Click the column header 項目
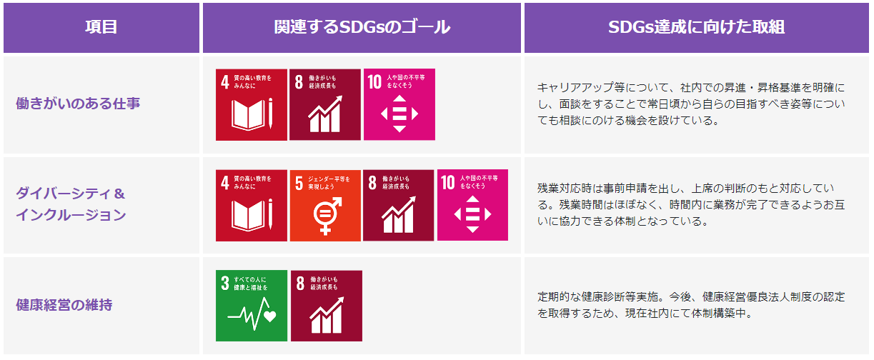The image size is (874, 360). [x=101, y=27]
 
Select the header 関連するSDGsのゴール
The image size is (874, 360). [x=362, y=27]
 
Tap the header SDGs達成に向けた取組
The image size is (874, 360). [x=696, y=27]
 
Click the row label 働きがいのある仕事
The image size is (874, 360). [x=78, y=104]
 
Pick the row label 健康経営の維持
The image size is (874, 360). [x=64, y=304]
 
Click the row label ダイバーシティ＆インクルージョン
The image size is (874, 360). [x=71, y=204]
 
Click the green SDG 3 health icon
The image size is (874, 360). [x=252, y=306]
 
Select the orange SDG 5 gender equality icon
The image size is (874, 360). [x=325, y=206]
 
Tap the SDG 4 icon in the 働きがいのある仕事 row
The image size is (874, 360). [x=252, y=104]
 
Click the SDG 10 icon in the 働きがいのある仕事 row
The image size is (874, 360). [x=399, y=104]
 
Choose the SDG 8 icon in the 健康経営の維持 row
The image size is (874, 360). [x=326, y=306]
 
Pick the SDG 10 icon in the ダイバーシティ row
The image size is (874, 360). [x=472, y=205]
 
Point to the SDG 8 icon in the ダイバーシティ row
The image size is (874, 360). [x=398, y=205]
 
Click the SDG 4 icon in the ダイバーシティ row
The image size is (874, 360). [x=252, y=206]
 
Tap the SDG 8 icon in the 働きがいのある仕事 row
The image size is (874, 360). [x=325, y=104]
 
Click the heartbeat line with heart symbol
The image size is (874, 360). [x=252, y=314]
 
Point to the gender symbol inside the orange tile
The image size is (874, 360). [x=327, y=216]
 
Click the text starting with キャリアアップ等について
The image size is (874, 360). [x=691, y=104]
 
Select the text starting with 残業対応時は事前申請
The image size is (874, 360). [x=691, y=205]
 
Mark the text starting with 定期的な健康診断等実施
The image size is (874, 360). [x=691, y=305]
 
